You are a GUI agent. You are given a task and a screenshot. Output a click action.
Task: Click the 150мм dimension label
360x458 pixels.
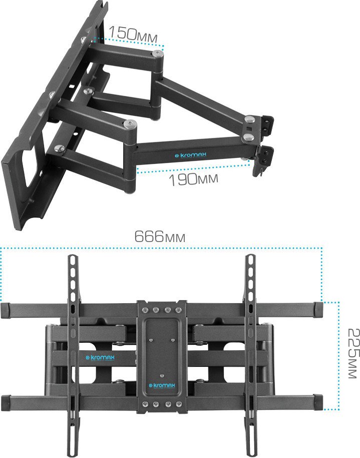[133, 34]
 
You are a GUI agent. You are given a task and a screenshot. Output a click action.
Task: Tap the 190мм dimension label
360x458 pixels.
[194, 179]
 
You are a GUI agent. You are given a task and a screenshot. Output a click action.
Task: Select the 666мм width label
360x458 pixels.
[160, 237]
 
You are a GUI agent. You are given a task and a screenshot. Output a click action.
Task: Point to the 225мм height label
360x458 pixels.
[354, 353]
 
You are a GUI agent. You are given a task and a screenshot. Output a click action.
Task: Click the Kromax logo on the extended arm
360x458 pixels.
[190, 155]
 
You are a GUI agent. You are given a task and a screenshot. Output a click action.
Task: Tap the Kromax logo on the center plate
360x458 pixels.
[162, 386]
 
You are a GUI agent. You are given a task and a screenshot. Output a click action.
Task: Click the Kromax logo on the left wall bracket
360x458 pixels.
[100, 358]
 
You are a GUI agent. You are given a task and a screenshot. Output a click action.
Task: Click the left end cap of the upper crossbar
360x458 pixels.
[6, 311]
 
